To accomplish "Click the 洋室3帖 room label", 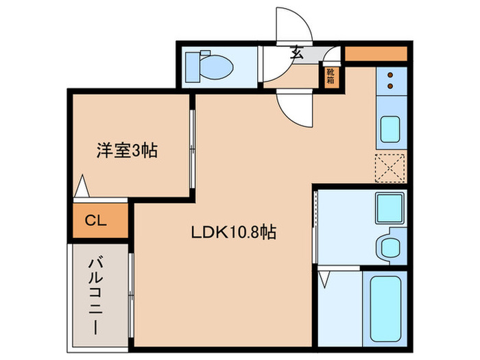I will point(126,149).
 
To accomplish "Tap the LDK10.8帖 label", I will point(233,233).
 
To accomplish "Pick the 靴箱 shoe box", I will point(331,75).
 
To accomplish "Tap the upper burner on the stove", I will point(392,74).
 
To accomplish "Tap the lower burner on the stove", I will point(392,86).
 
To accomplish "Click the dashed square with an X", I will point(390,167).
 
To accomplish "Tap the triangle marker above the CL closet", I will point(82,186).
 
